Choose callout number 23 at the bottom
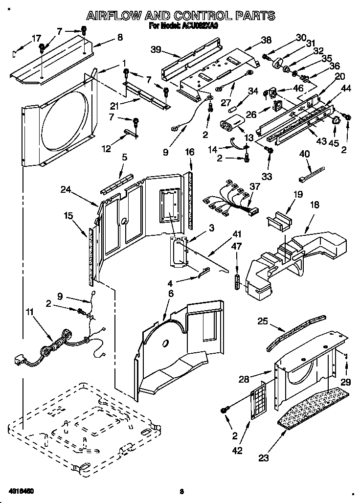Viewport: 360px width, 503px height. pos(264,458)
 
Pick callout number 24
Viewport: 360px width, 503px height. pos(67,189)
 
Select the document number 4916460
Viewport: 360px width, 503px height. pos(22,490)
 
